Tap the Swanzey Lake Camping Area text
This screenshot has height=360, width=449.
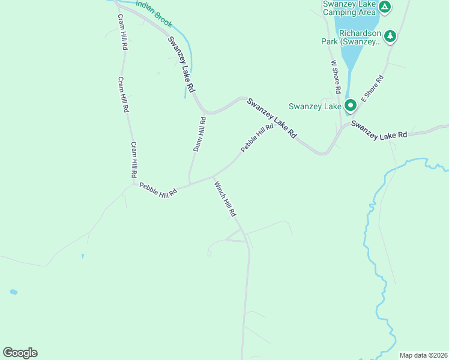click(x=349, y=8)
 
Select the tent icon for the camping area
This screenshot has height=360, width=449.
click(x=385, y=7)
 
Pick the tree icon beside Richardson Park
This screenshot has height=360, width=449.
click(x=391, y=37)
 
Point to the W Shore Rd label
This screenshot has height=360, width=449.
click(x=336, y=76)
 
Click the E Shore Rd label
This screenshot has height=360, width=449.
click(x=372, y=88)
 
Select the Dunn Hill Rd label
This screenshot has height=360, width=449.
click(x=199, y=134)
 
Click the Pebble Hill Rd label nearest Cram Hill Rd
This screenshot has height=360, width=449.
click(x=158, y=190)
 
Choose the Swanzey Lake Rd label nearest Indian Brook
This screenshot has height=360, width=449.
click(x=181, y=64)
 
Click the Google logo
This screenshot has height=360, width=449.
click(x=20, y=353)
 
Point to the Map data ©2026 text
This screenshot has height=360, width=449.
click(x=423, y=355)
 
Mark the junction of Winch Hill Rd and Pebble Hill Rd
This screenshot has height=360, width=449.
click(x=213, y=177)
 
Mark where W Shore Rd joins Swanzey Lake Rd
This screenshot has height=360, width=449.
click(x=341, y=127)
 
